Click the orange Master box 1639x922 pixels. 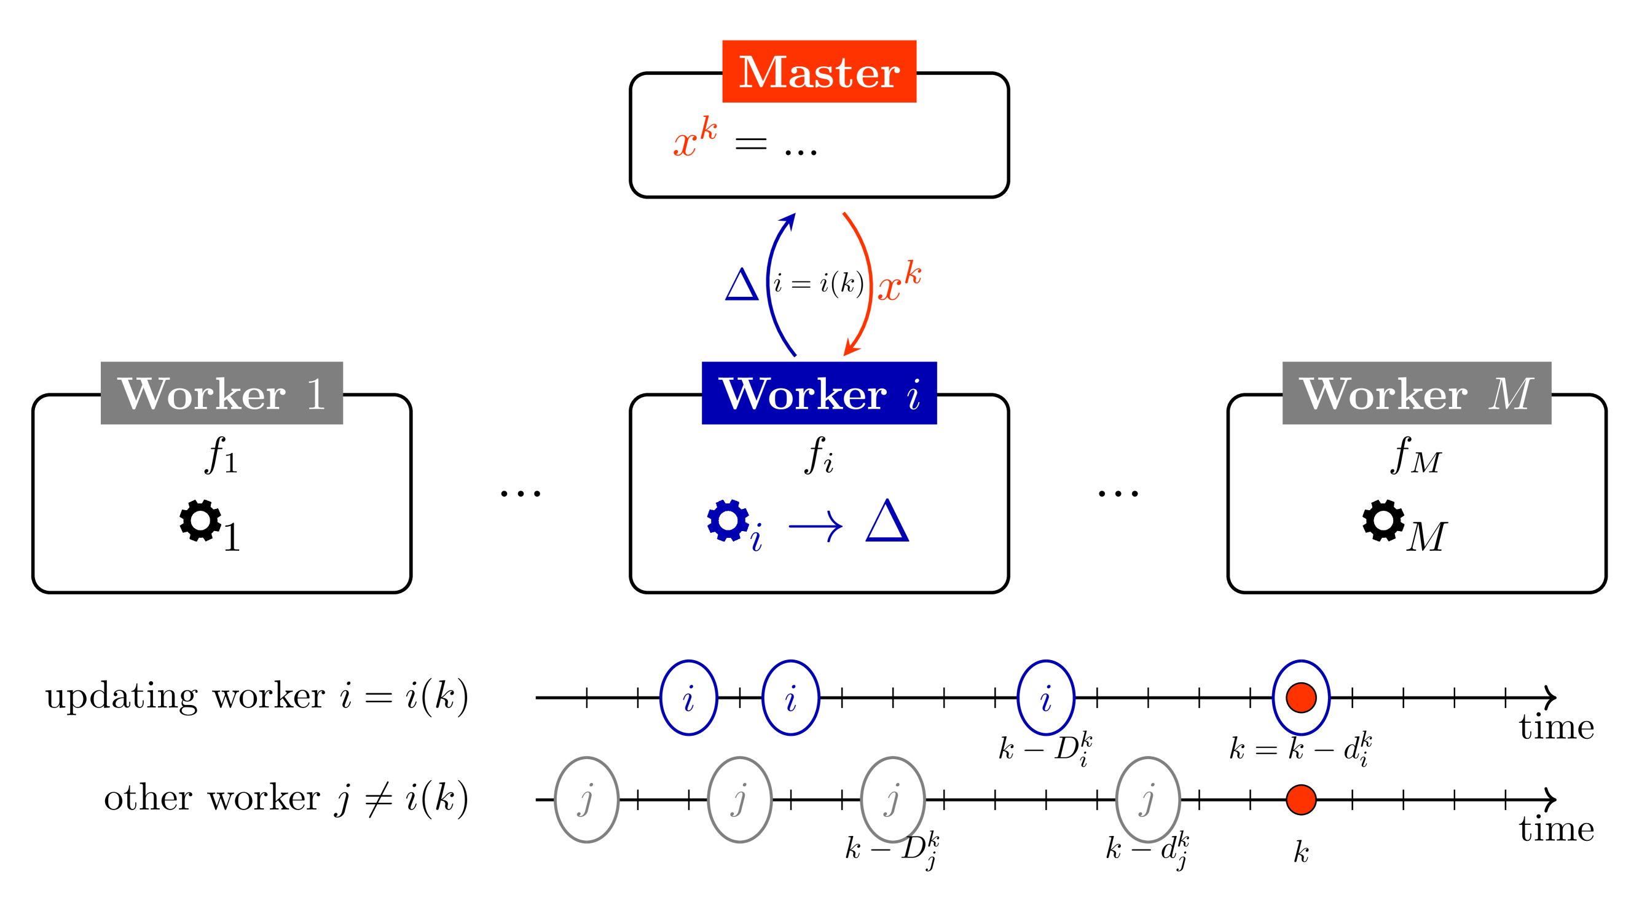point(819,71)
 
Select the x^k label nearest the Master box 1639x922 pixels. point(695,138)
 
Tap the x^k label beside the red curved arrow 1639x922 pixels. point(899,282)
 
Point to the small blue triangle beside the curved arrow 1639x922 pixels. point(742,285)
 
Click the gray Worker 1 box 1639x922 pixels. point(221,393)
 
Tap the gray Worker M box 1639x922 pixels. point(1417,393)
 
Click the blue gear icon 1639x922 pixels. point(728,521)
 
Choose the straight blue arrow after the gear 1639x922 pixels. point(816,526)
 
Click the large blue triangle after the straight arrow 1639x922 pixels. point(887,522)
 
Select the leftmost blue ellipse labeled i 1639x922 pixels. point(688,698)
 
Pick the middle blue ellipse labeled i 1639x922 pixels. point(791,698)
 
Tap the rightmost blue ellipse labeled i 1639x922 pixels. point(1045,698)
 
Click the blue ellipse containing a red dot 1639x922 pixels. point(1301,698)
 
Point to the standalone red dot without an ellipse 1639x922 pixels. point(1301,800)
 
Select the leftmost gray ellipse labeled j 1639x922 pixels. point(587,800)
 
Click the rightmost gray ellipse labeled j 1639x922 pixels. point(1148,800)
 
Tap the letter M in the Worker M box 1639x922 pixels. point(1511,394)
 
